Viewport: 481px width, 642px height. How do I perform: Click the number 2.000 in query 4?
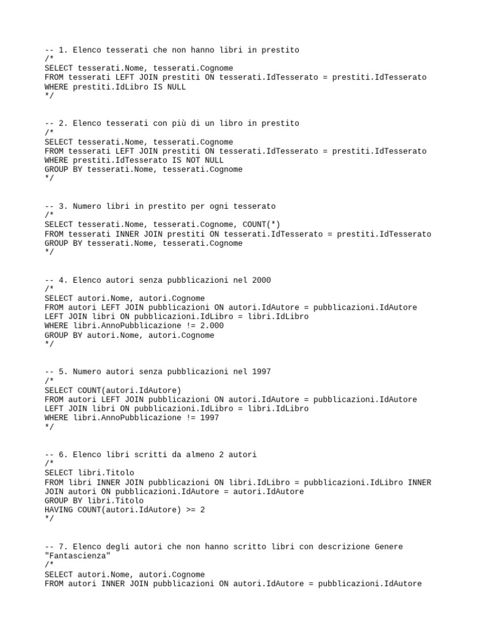[x=212, y=326]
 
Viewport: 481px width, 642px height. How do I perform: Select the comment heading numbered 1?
[x=172, y=50]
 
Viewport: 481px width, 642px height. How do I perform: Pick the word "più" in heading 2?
[x=188, y=124]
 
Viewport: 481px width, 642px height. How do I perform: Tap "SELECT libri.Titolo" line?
[x=90, y=473]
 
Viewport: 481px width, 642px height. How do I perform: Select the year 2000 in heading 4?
[x=261, y=280]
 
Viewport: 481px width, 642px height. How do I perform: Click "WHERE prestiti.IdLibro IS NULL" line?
[x=115, y=87]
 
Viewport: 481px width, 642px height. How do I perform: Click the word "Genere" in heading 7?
[x=388, y=547]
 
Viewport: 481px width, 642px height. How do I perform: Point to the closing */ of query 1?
[x=49, y=96]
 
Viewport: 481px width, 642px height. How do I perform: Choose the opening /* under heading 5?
[x=49, y=381]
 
